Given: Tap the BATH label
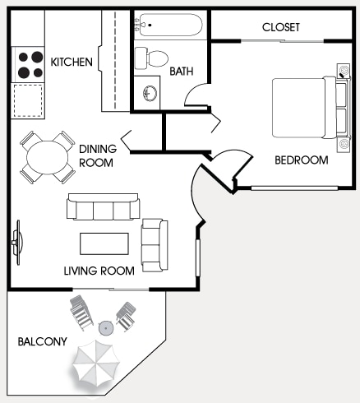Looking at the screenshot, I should tap(182, 71).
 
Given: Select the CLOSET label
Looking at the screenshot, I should tap(281, 27).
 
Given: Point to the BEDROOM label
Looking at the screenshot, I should tap(301, 160).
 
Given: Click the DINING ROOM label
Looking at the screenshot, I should tap(98, 155).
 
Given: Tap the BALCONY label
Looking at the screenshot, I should tap(43, 340).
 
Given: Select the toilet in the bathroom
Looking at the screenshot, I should tap(150, 57).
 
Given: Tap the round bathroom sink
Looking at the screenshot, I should tap(150, 91).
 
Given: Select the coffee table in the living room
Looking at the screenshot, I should tap(104, 244).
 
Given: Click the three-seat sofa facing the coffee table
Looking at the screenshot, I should tap(103, 208).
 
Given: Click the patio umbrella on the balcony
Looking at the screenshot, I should tap(97, 364).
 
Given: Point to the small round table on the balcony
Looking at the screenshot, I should tap(104, 327).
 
